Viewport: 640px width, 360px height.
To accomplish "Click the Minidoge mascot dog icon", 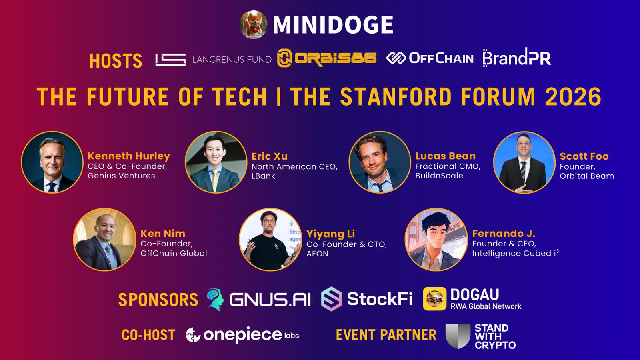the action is click(x=254, y=24).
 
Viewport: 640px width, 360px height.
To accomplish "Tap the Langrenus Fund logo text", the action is click(x=232, y=60).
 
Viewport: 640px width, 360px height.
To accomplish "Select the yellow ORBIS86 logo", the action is click(x=326, y=58).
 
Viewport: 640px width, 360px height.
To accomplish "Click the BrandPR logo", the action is click(x=516, y=58).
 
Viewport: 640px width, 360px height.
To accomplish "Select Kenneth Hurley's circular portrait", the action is click(x=52, y=162).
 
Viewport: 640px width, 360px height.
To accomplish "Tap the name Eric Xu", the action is click(x=270, y=156).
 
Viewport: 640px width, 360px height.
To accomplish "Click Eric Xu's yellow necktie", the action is click(x=214, y=180).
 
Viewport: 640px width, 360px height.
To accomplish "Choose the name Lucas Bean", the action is click(x=445, y=156).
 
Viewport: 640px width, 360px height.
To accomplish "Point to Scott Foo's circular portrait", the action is click(x=524, y=162).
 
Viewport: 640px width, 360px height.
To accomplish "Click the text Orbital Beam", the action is click(x=586, y=176).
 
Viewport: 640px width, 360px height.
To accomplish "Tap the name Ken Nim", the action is click(x=163, y=234).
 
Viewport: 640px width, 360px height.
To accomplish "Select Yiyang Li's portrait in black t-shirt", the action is click(x=270, y=240).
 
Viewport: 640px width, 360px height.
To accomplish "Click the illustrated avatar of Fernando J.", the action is click(x=436, y=240).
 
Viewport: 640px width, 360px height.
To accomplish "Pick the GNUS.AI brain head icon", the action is click(x=216, y=299).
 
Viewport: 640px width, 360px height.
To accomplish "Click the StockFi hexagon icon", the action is click(x=332, y=299).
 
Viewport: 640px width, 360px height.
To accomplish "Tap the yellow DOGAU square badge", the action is click(x=434, y=298).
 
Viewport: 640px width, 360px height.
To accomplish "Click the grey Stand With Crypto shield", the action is click(x=458, y=336).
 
